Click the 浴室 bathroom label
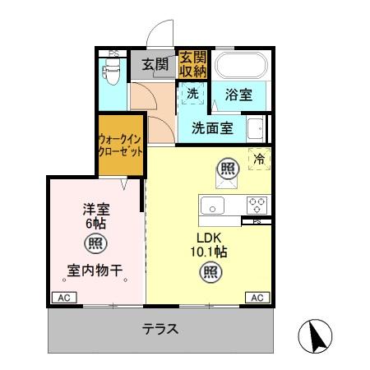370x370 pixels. pos(238,95)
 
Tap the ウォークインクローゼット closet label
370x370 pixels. pos(120,146)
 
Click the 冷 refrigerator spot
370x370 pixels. pos(258,160)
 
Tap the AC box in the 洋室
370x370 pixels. pos(62,298)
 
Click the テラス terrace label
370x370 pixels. pos(160,329)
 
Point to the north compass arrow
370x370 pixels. pos(317,335)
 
